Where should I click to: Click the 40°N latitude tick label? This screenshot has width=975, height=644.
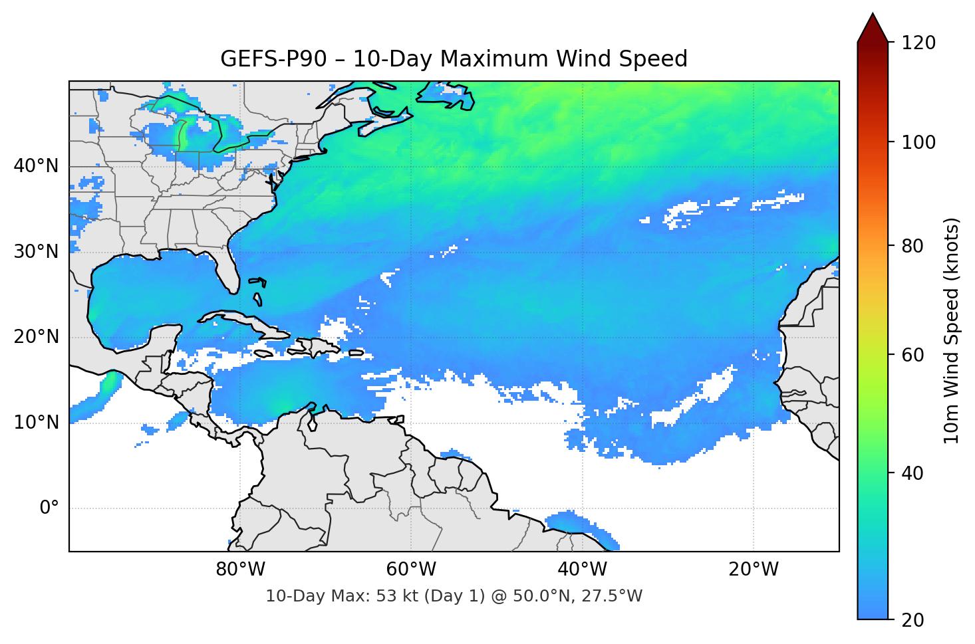(x=36, y=166)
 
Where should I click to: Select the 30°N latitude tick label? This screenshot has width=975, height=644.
(x=36, y=252)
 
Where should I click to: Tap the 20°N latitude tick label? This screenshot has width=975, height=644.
(x=36, y=337)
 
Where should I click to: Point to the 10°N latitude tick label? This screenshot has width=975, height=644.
(x=36, y=423)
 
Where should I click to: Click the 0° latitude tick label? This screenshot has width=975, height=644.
(x=49, y=508)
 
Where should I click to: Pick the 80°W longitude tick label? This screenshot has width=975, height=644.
(x=240, y=570)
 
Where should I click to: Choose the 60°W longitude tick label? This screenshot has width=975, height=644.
(x=411, y=570)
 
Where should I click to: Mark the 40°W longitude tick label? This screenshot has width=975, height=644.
(x=582, y=570)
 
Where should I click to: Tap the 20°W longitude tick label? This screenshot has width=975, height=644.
(x=753, y=570)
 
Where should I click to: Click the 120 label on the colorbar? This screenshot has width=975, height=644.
(x=918, y=43)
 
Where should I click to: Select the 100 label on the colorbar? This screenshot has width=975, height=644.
(x=918, y=142)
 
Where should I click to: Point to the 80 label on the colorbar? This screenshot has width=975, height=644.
(x=912, y=246)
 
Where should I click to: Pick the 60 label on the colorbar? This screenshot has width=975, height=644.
(x=912, y=355)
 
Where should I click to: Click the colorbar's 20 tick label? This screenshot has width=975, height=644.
(x=912, y=620)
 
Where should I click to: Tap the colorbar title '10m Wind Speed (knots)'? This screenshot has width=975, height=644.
(x=952, y=330)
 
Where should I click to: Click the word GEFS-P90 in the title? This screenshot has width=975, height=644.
(x=273, y=59)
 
